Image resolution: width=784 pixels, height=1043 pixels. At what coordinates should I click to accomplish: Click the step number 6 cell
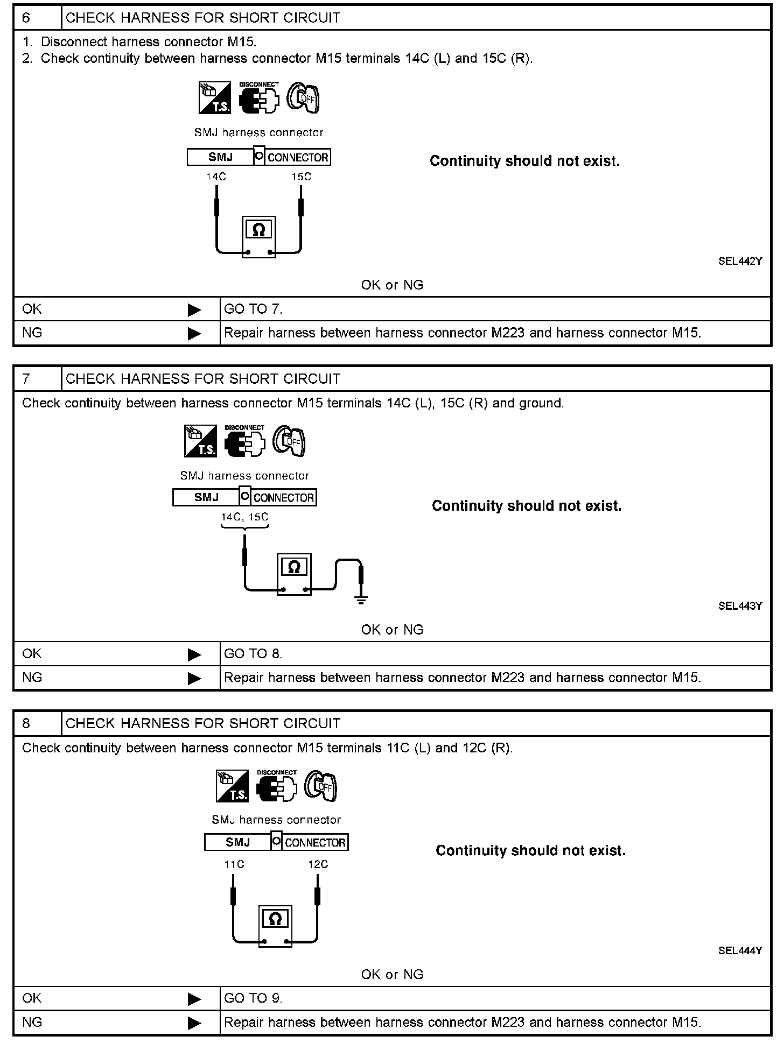coord(37,18)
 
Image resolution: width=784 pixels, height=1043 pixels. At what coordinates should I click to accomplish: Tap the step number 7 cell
coord(37,379)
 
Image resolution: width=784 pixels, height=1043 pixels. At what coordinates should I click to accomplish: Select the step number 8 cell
coord(37,723)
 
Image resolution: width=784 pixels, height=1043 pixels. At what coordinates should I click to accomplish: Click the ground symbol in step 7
coord(361,600)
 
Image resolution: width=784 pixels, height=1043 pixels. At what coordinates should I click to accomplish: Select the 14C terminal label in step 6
coord(216,177)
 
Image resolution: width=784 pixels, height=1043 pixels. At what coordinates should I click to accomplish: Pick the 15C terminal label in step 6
coord(301,177)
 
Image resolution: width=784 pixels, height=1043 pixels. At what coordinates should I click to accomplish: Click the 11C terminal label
coord(234,864)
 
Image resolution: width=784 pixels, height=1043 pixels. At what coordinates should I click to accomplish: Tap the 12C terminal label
coord(318,864)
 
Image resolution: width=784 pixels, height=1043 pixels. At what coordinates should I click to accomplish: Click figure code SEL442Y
coord(740,262)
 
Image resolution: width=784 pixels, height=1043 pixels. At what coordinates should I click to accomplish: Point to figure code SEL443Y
coord(740,606)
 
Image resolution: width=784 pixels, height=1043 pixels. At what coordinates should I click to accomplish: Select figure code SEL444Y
coord(740,950)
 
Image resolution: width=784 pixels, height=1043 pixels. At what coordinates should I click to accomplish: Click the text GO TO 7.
coord(253,309)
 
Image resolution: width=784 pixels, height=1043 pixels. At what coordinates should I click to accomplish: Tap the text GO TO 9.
coord(253,998)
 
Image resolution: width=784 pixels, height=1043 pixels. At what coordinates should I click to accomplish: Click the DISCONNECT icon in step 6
coord(259,98)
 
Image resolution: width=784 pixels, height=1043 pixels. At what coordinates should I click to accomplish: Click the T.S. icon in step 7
coord(200,441)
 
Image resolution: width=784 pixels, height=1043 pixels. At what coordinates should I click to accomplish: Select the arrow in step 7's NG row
coord(194,678)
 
